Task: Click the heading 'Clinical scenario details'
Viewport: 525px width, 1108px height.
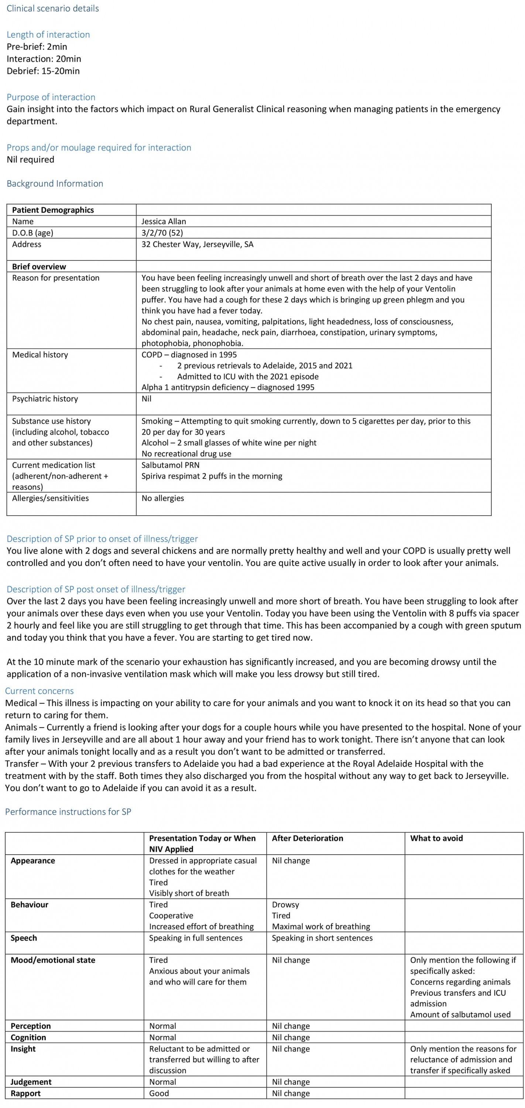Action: coord(52,8)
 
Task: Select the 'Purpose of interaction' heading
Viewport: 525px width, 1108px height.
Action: coord(51,97)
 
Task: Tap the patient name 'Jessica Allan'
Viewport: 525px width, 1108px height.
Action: coord(164,222)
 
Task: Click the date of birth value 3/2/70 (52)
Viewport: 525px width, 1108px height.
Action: coord(162,233)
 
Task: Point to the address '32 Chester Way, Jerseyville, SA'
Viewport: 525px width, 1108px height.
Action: coord(198,244)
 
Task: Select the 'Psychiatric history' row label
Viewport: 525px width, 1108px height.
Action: coord(45,399)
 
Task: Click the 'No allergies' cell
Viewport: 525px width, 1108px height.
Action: coord(162,498)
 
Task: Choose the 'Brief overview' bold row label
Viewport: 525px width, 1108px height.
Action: coord(39,267)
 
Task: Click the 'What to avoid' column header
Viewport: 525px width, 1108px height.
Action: coord(436,838)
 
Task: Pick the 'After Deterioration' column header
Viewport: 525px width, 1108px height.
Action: coord(308,838)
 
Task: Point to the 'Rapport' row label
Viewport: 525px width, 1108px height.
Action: coord(26,1093)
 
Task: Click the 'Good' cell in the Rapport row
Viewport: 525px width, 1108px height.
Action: coord(159,1093)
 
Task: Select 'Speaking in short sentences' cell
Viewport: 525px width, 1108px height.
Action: coord(322,938)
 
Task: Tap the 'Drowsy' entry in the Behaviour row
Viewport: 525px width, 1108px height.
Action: coord(285,904)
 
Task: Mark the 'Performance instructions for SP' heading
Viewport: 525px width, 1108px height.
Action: coord(68,812)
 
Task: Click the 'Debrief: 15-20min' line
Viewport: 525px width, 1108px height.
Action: coord(43,71)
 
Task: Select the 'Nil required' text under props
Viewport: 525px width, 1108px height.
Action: coord(31,160)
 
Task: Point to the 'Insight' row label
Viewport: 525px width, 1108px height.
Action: coord(23,1049)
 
